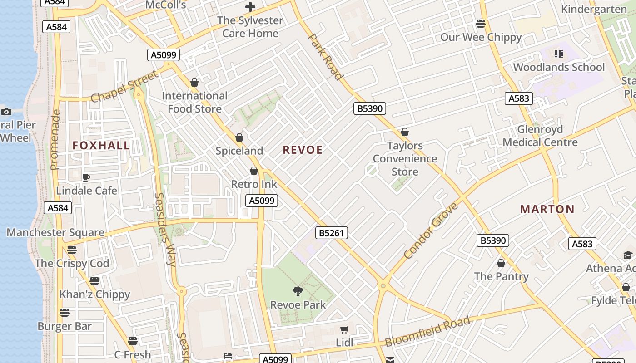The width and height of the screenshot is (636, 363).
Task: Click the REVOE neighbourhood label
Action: tap(303, 150)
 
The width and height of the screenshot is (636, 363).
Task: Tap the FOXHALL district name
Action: tap(101, 145)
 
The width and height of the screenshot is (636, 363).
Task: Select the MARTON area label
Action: tap(547, 209)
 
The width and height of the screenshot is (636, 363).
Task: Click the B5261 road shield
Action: tap(332, 233)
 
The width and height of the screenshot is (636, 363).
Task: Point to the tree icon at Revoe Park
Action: tap(298, 291)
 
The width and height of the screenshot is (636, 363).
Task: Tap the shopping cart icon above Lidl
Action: tap(344, 329)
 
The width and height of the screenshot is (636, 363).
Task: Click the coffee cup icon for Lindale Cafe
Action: tap(86, 177)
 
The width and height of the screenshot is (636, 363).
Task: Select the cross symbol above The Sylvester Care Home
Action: tap(250, 7)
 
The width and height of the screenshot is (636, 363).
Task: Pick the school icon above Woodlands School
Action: tap(559, 54)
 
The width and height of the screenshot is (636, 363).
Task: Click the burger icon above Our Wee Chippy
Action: tap(481, 23)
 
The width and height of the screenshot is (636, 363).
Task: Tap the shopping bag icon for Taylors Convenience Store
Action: tap(405, 132)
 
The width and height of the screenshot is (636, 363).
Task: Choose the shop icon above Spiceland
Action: tap(239, 137)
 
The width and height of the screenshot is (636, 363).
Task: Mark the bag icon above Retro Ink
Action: tap(254, 171)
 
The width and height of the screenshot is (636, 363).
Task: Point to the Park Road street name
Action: tap(324, 57)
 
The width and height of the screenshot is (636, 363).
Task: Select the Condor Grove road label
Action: tap(431, 231)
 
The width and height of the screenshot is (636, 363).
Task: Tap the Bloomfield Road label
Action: tap(427, 332)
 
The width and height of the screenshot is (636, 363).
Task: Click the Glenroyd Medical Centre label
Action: tap(540, 136)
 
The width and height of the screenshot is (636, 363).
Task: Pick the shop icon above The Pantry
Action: tap(501, 263)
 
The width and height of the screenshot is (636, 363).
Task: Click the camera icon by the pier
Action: tap(6, 112)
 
